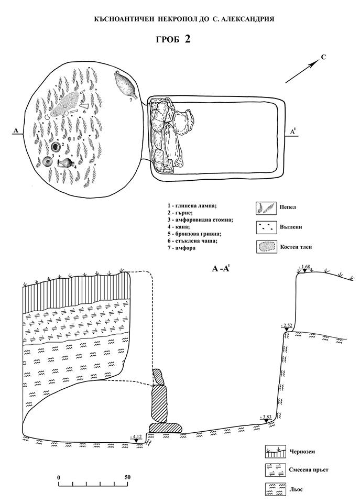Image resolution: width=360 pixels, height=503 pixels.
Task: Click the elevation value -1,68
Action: pyautogui.click(x=304, y=267)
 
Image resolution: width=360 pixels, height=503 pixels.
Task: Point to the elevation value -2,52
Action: pyautogui.click(x=286, y=325)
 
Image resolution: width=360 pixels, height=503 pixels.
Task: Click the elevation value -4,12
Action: pyautogui.click(x=136, y=435)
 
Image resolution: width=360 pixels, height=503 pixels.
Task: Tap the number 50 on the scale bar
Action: pyautogui.click(x=127, y=477)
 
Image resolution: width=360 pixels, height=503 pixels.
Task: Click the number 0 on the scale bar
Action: pyautogui.click(x=59, y=477)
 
